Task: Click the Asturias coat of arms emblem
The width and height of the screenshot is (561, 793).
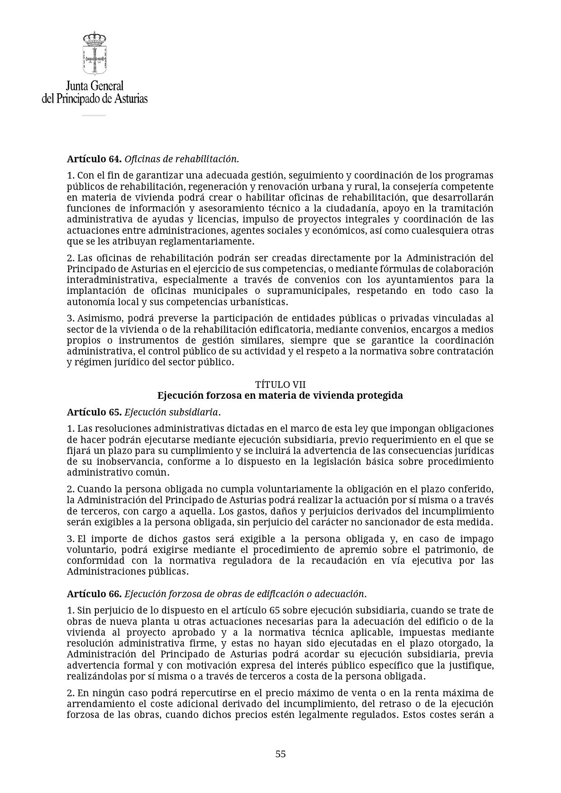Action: point(94,53)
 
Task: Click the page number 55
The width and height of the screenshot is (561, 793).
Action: point(280,754)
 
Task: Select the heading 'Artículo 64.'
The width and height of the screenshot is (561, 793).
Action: point(94,159)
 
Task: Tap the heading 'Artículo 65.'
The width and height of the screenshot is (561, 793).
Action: point(94,412)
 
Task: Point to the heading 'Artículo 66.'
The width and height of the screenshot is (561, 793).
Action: point(94,594)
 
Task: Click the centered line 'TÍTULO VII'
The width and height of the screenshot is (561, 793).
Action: point(280,385)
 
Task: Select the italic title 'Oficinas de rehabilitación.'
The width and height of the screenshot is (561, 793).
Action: point(181,159)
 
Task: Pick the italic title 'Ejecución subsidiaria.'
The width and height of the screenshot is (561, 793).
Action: point(172,412)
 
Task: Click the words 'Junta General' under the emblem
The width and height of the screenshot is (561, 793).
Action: point(95,86)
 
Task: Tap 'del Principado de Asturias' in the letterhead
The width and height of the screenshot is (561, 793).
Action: point(95,99)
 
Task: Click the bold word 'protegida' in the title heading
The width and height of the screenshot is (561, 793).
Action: point(380,396)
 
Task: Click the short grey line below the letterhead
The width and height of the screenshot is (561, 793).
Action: point(94,115)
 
